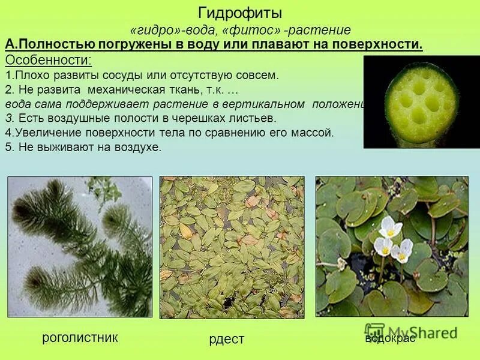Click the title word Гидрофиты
(239, 13)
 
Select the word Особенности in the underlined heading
(48, 61)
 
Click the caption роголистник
(80, 338)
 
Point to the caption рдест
(227, 340)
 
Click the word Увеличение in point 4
(43, 132)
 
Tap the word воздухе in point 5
(139, 147)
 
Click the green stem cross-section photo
(421, 102)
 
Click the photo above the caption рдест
(232, 247)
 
